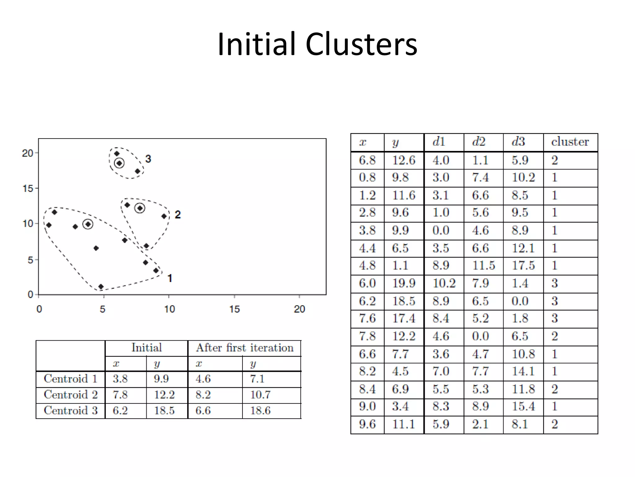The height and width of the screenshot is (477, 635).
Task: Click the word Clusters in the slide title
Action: click(361, 44)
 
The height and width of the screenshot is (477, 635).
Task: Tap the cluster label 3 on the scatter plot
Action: click(148, 159)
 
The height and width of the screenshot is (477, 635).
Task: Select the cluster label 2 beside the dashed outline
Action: click(178, 215)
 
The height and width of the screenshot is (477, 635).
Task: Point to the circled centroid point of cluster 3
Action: click(119, 163)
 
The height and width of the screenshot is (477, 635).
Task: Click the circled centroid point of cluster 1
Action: click(88, 224)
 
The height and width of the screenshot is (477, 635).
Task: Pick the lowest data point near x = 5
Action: click(101, 286)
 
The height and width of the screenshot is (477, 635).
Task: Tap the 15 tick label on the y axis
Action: click(28, 189)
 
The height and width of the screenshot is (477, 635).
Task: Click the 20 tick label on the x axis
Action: click(300, 309)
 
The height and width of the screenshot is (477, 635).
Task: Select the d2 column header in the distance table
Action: click(479, 142)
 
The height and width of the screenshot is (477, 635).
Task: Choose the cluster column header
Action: click(570, 142)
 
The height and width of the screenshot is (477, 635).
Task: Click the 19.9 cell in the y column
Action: click(404, 283)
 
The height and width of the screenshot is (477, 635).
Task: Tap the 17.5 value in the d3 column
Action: click(523, 266)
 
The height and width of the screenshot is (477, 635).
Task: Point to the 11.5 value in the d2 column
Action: click(484, 266)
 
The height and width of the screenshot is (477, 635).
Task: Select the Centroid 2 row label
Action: click(71, 395)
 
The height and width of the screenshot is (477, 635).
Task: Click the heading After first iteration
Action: click(245, 348)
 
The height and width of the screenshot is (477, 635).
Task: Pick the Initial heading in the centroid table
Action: click(147, 348)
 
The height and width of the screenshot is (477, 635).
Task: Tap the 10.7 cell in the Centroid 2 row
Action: click(260, 395)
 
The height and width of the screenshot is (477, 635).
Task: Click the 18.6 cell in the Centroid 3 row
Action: click(260, 411)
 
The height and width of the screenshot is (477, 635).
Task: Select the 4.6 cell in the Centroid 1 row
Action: click(203, 379)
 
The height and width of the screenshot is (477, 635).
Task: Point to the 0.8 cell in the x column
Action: click(367, 177)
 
